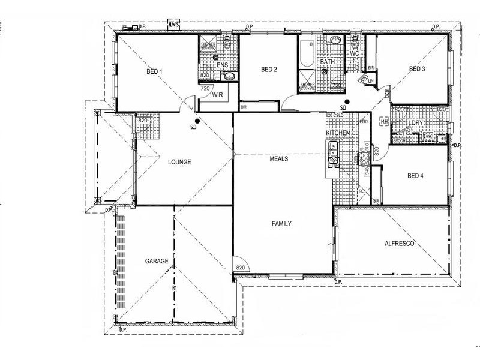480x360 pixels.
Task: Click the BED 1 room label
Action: click(154, 71)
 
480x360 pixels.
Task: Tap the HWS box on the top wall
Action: click(174, 25)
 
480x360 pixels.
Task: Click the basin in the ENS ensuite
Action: click(228, 76)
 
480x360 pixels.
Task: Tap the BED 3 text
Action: click(417, 69)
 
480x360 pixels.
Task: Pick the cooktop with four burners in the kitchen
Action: click(363, 159)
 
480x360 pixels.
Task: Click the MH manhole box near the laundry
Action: click(383, 122)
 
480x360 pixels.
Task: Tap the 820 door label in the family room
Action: click(241, 268)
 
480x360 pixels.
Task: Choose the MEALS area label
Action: click(278, 159)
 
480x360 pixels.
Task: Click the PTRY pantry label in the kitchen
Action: click(364, 122)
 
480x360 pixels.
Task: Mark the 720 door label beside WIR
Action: click(205, 88)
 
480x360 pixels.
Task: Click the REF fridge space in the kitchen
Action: click(362, 191)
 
